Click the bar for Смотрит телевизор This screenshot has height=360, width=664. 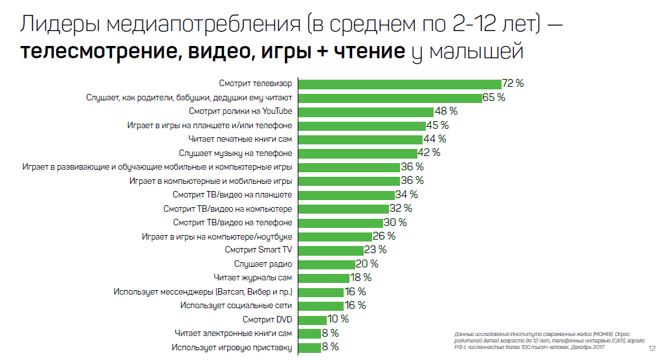coord(400,84)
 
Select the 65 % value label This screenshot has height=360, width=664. coord(494,97)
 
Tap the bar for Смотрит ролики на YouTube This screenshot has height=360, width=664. coord(366,112)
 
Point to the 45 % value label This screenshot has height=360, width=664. coord(437,126)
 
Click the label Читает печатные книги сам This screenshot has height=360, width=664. coord(240,139)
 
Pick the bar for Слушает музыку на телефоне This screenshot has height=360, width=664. coord(358,153)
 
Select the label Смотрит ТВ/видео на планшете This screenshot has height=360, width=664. coord(232,195)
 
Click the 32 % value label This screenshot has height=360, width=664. coord(401,208)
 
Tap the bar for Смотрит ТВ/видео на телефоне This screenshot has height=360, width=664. coord(341,223)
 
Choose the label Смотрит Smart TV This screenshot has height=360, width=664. coord(258,250)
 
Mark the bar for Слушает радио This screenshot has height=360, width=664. coord(327,264)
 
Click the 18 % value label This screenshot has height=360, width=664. coord(360,278)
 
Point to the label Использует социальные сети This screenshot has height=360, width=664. coord(236,306)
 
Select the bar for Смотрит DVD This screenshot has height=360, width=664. coord(313,320)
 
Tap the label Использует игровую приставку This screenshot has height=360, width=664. coord(232,348)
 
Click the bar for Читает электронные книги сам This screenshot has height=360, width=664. coord(309,333)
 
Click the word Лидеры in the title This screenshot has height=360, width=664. coord(60,24)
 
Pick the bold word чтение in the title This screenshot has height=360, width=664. coord(370,51)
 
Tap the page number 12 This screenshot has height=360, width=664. coord(652,348)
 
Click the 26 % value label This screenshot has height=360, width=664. coord(384,236)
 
